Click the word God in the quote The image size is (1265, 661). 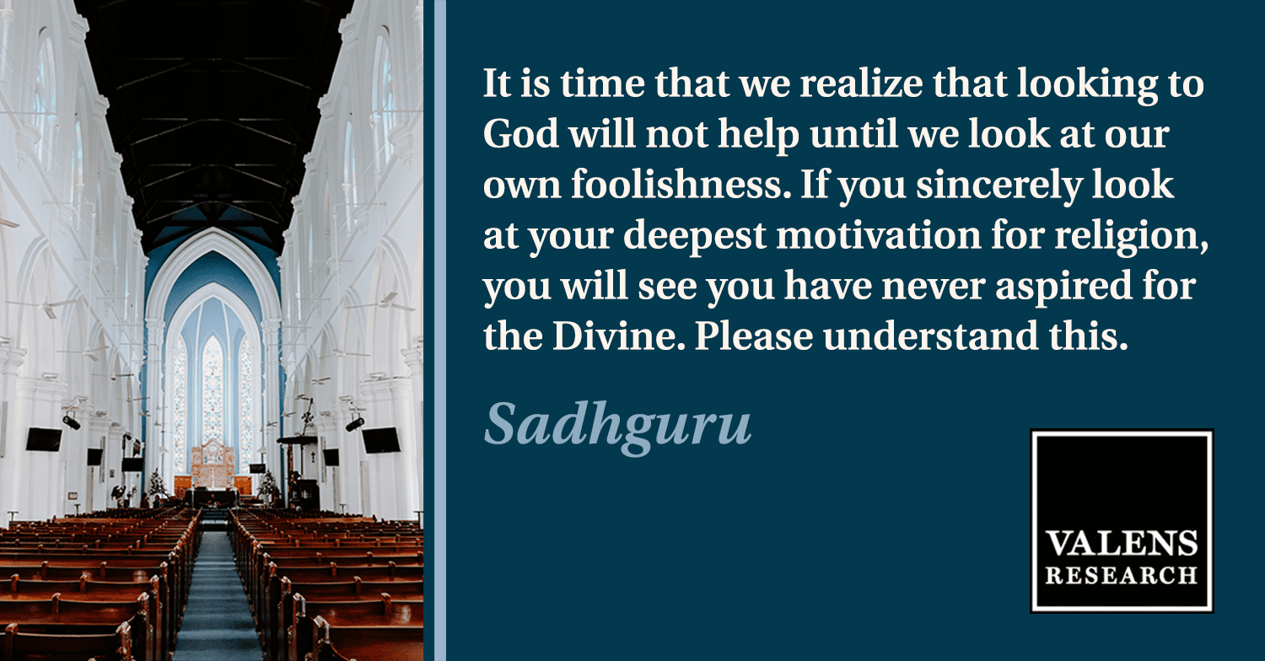520,134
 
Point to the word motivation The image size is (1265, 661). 879,235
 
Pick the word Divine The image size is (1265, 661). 618,336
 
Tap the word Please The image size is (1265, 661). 754,336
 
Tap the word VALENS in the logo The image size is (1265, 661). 1121,544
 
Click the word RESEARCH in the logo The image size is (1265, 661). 1121,575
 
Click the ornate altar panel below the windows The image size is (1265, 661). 213,464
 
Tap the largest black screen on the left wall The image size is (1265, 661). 44,439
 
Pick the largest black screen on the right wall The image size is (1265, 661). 381,440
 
